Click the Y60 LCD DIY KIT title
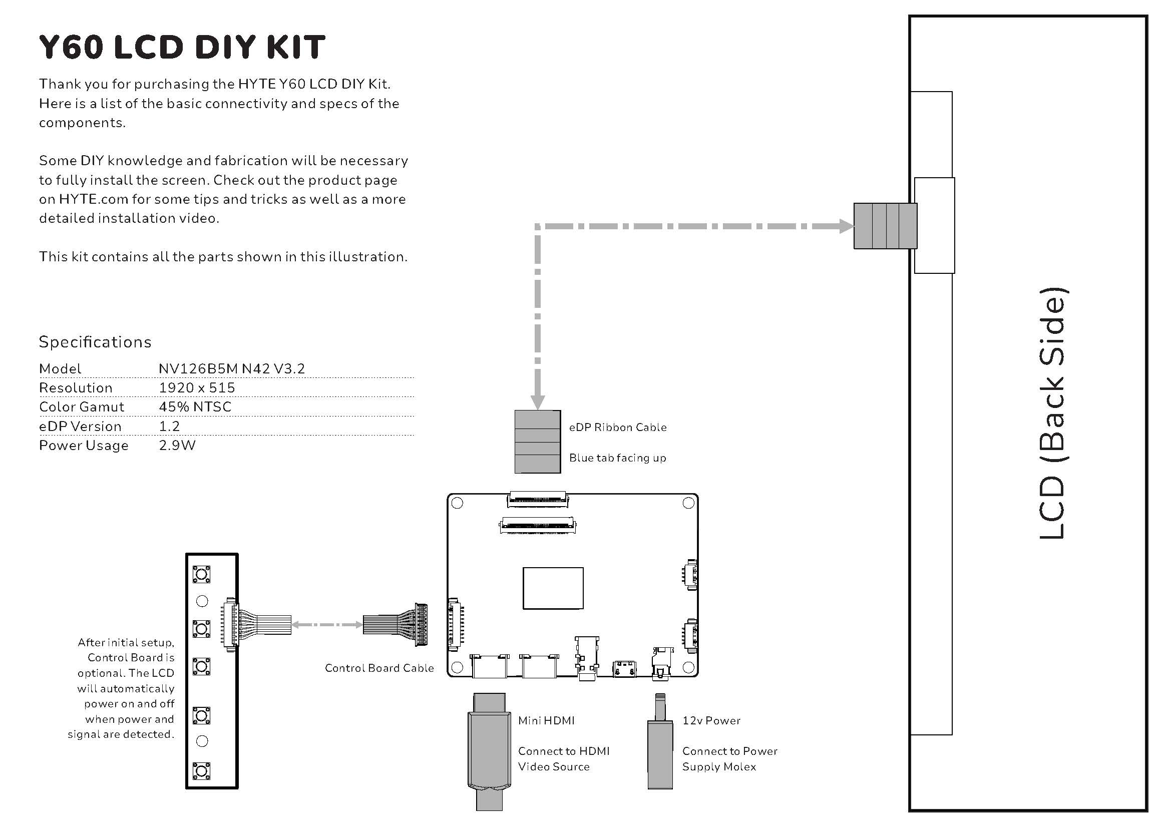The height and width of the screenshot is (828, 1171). pos(182,47)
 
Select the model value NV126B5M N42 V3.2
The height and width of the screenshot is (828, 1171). pos(232,368)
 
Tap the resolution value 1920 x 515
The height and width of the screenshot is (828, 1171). pos(197,388)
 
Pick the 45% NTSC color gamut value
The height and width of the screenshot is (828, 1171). pos(195,407)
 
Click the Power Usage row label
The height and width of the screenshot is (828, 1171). pos(84,446)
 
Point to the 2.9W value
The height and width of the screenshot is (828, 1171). pos(177,446)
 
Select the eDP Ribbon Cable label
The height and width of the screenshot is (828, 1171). pos(618,428)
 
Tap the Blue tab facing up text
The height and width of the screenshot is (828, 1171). pos(618,459)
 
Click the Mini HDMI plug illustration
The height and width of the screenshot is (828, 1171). pos(489,749)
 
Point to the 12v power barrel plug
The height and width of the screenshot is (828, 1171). pos(660,744)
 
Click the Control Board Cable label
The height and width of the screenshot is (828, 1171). pos(379,668)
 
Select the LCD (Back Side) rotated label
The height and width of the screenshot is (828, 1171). pos(1052,413)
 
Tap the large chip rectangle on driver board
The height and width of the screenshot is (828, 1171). pos(553,588)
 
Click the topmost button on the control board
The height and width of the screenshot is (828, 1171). pos(201,575)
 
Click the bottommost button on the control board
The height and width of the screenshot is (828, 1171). pos(201,771)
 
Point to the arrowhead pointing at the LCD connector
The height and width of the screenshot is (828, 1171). pos(846,226)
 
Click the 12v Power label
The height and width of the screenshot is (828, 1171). pos(711,721)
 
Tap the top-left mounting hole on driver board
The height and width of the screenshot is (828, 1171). pos(458,503)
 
